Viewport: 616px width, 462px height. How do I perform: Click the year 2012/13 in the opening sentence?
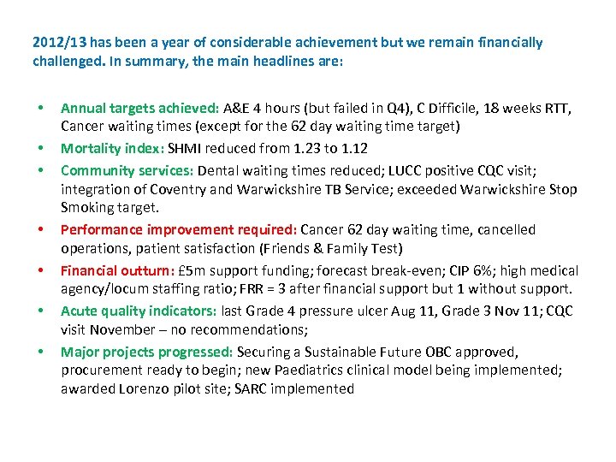(x=58, y=42)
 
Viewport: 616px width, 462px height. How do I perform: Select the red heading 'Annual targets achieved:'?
(x=139, y=109)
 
